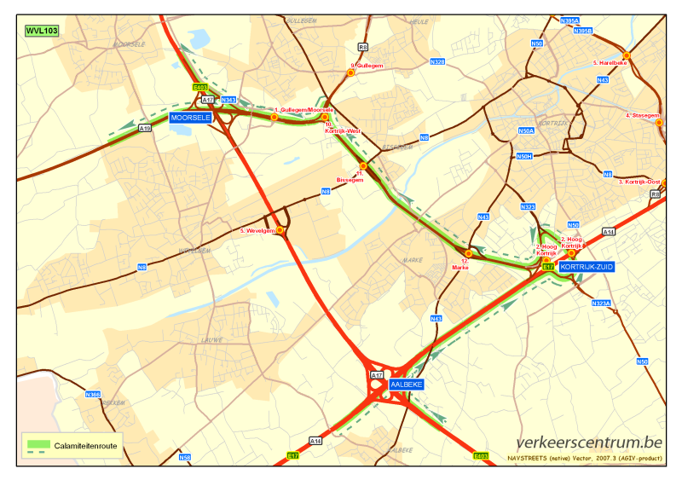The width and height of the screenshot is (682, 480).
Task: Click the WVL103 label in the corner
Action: tap(42, 30)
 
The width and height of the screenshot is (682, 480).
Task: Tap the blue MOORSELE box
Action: tap(190, 118)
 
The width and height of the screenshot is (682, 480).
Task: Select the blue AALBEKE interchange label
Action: tap(406, 385)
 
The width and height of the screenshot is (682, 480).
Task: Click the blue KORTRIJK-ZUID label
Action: tap(587, 267)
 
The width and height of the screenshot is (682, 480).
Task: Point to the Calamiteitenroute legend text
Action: tap(86, 446)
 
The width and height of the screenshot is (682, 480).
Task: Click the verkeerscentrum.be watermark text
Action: tap(589, 442)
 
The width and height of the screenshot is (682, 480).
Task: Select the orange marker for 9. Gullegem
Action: tap(350, 73)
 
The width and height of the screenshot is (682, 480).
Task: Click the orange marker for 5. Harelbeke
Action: tap(627, 55)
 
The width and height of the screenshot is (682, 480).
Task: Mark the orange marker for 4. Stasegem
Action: tap(659, 123)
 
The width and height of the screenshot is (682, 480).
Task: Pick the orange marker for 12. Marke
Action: tap(468, 253)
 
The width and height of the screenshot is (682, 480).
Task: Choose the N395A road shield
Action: tap(570, 20)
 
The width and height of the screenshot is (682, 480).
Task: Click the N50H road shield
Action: tap(524, 156)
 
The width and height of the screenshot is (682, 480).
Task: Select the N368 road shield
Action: tap(93, 394)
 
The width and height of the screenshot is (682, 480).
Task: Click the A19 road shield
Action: tap(145, 129)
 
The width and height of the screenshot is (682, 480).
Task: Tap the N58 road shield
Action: tap(185, 458)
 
